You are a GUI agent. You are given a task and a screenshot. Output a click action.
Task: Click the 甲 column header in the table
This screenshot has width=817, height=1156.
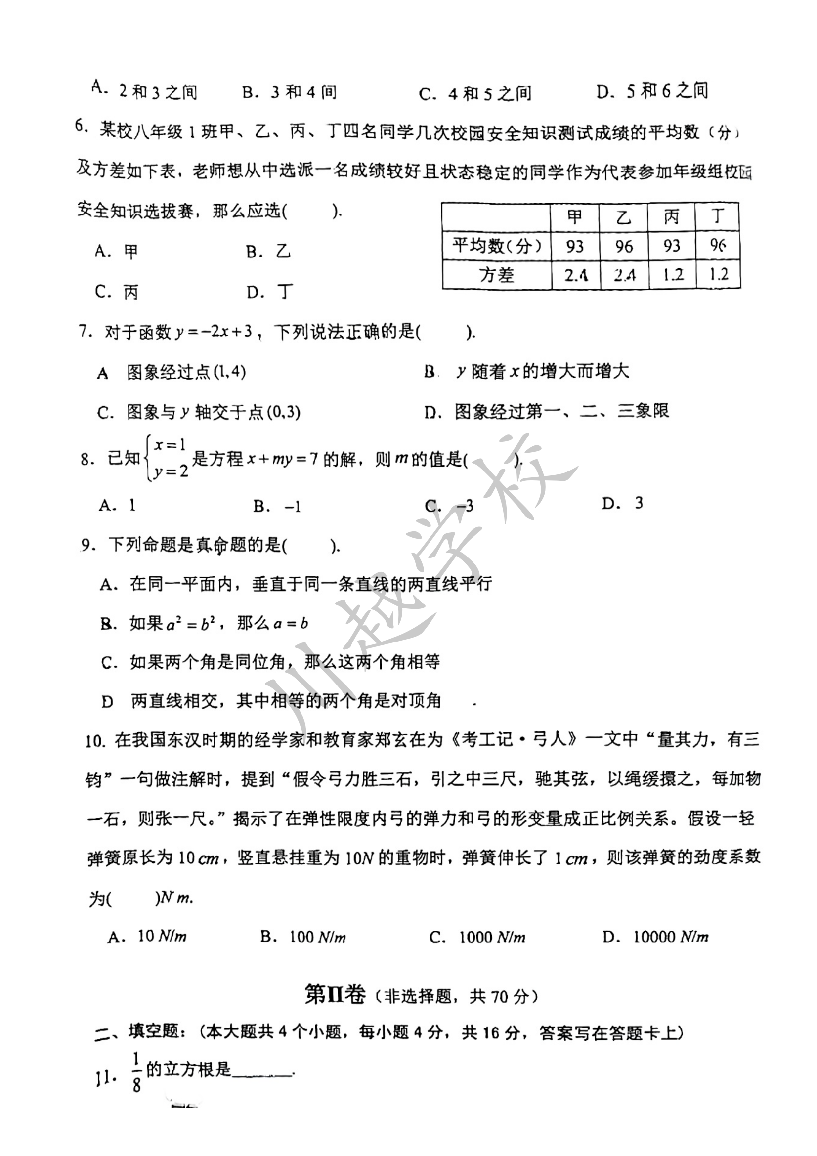pyautogui.click(x=574, y=217)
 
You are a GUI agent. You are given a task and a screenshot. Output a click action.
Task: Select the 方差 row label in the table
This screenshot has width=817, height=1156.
pyautogui.click(x=496, y=275)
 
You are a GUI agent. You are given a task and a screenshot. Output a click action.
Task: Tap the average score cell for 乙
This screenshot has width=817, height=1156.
pyautogui.click(x=624, y=246)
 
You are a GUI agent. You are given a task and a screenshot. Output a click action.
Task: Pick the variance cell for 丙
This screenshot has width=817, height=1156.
pyautogui.click(x=673, y=275)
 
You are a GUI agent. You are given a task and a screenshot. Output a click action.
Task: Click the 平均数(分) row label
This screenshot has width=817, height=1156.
pyautogui.click(x=496, y=246)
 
